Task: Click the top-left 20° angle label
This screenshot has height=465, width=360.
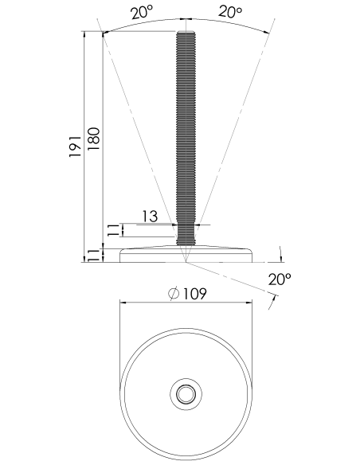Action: (x=142, y=12)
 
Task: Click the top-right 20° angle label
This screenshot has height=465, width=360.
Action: (x=230, y=11)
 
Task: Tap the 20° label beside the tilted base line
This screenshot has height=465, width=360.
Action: (x=280, y=279)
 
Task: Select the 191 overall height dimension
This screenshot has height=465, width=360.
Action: (x=75, y=147)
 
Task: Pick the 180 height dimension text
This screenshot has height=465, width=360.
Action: (x=93, y=139)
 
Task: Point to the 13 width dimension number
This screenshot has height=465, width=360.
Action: (x=150, y=217)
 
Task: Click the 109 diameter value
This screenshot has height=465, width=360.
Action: (x=194, y=294)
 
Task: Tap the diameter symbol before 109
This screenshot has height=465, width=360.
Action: (x=174, y=294)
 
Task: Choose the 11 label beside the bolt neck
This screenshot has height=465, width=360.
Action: (x=112, y=230)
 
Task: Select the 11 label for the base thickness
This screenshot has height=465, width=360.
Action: (x=93, y=256)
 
